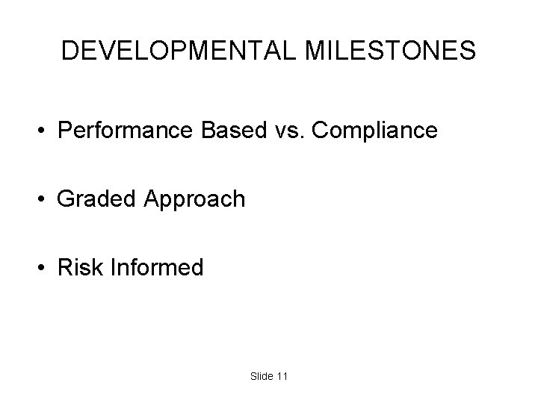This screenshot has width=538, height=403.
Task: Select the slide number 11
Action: click(281, 377)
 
